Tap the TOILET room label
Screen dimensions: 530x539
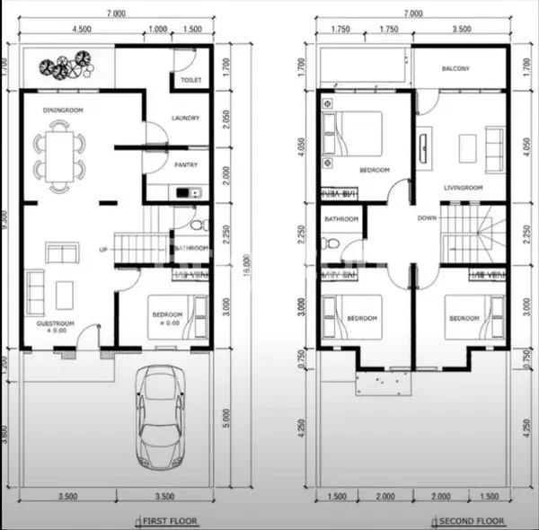click(190, 80)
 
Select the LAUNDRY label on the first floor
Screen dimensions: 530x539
click(184, 118)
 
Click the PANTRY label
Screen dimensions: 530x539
click(185, 164)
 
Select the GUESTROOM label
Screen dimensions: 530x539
click(55, 322)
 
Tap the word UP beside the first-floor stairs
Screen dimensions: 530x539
click(103, 249)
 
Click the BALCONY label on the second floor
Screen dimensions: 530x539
click(458, 69)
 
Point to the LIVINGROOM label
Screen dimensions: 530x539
click(464, 188)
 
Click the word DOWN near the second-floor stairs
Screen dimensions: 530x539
click(428, 217)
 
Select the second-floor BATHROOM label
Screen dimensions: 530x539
click(341, 218)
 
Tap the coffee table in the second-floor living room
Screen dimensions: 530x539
click(466, 147)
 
